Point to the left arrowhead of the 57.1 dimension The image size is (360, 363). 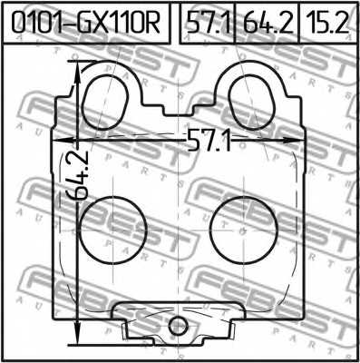(x=61, y=140)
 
